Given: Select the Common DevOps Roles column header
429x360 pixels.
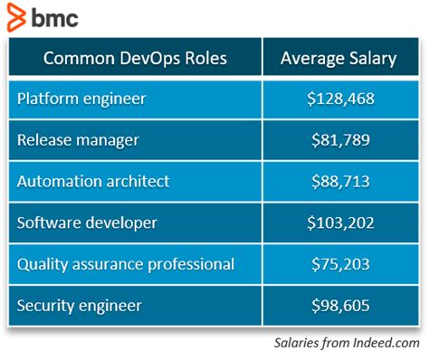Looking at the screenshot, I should pyautogui.click(x=135, y=60).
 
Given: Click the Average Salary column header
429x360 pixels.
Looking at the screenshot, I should pyautogui.click(x=338, y=60).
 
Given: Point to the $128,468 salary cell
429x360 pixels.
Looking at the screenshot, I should pyautogui.click(x=338, y=99).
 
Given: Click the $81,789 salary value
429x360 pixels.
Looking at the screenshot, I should pyautogui.click(x=338, y=140).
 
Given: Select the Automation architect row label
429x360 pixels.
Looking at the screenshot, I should pyautogui.click(x=92, y=181).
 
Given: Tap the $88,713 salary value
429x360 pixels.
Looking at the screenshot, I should pyautogui.click(x=338, y=181).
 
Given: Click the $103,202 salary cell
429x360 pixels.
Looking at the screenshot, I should pyautogui.click(x=338, y=223).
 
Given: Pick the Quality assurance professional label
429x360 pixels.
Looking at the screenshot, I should pyautogui.click(x=126, y=264).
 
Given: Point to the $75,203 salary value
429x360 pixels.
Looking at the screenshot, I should pyautogui.click(x=338, y=264).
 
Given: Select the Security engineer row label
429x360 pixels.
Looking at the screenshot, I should pyautogui.click(x=79, y=306).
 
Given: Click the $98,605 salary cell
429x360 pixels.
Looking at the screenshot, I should pyautogui.click(x=338, y=306).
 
